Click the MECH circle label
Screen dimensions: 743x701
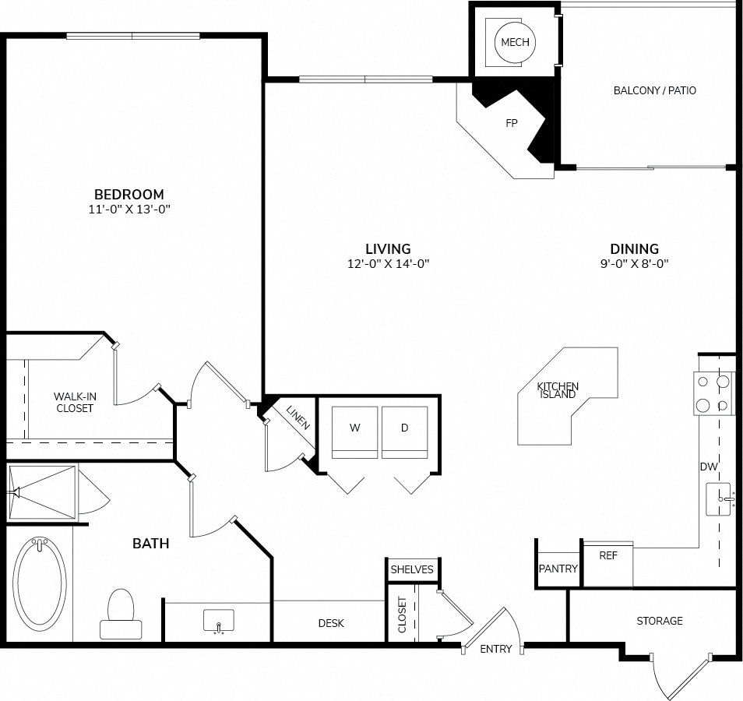coord(515,43)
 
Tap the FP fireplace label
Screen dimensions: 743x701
coord(511,123)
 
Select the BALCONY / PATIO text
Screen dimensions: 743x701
coord(655,90)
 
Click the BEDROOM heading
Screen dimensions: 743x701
coord(129,194)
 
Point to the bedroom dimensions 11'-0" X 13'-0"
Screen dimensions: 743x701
coord(129,209)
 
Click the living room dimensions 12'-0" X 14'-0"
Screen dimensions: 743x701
coord(388,263)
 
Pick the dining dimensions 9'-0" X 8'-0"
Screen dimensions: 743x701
coord(635,263)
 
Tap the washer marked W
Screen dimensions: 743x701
coord(355,432)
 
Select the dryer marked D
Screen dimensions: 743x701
coord(405,432)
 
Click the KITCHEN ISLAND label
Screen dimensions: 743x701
coord(558,390)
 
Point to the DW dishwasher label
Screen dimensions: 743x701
coord(709,467)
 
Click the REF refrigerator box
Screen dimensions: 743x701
coord(608,564)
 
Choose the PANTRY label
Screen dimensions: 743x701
coord(558,569)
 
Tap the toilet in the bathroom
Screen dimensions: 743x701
coord(121,614)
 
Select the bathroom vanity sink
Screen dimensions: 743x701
coord(218,621)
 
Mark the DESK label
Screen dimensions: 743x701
coord(331,623)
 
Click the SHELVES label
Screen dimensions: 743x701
coord(412,569)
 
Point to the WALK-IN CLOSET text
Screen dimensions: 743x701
coord(74,403)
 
